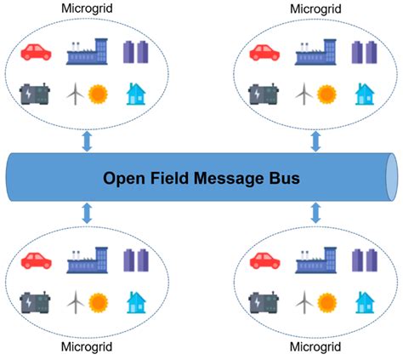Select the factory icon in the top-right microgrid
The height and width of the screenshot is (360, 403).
point(318,51)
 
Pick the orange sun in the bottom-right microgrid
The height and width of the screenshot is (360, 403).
point(327,300)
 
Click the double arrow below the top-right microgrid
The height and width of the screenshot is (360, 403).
point(316,141)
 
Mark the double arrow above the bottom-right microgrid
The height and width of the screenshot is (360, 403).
point(316,215)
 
